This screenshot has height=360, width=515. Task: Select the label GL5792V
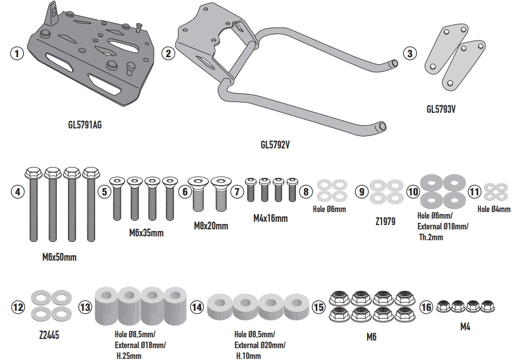pyautogui.click(x=276, y=145)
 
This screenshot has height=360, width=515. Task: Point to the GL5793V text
pyautogui.click(x=443, y=109)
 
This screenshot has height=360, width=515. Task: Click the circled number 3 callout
pyautogui.click(x=410, y=53)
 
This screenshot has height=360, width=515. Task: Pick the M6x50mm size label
pyautogui.click(x=59, y=257)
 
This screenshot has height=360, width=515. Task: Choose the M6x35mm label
pyautogui.click(x=146, y=233)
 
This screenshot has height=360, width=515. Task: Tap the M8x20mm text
pyautogui.click(x=211, y=226)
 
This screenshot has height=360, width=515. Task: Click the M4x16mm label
pyautogui.click(x=270, y=219)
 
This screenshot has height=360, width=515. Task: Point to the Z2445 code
pyautogui.click(x=49, y=335)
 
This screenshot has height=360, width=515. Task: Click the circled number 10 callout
pyautogui.click(x=412, y=191)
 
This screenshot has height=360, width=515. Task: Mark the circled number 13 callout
pyautogui.click(x=85, y=308)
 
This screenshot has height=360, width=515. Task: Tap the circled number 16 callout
pyautogui.click(x=426, y=307)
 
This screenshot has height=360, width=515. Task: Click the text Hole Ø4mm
pyautogui.click(x=493, y=209)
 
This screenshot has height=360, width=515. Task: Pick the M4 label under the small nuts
pyautogui.click(x=465, y=327)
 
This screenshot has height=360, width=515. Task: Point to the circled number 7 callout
pyautogui.click(x=237, y=191)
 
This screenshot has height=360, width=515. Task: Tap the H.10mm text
pyautogui.click(x=248, y=356)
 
